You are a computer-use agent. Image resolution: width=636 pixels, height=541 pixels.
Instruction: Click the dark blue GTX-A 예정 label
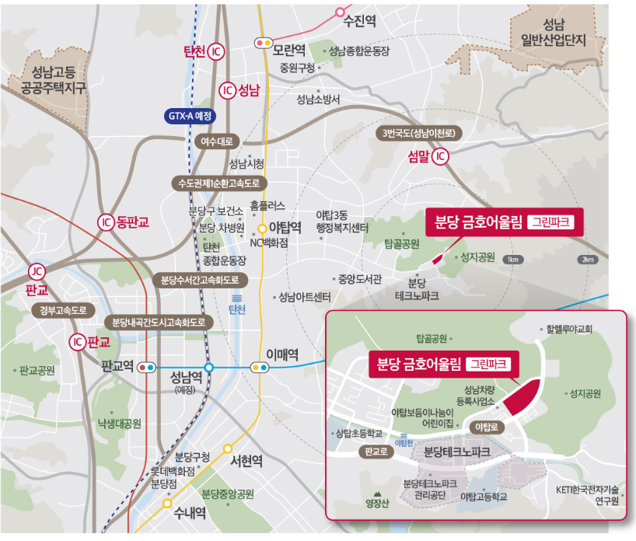point(191,115)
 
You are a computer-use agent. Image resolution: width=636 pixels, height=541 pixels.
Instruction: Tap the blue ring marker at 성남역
point(208,368)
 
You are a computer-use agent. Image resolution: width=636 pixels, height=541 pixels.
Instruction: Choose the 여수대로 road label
point(217,142)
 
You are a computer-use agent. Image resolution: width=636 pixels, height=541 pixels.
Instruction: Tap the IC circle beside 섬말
point(440,157)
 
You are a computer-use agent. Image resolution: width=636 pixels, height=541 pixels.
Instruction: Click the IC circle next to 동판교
point(106,223)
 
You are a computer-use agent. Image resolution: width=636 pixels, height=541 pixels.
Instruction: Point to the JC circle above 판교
point(36,271)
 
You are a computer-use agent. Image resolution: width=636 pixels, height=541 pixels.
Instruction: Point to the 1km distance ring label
point(512,260)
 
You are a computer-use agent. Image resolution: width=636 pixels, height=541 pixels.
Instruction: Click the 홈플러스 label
point(269,206)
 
